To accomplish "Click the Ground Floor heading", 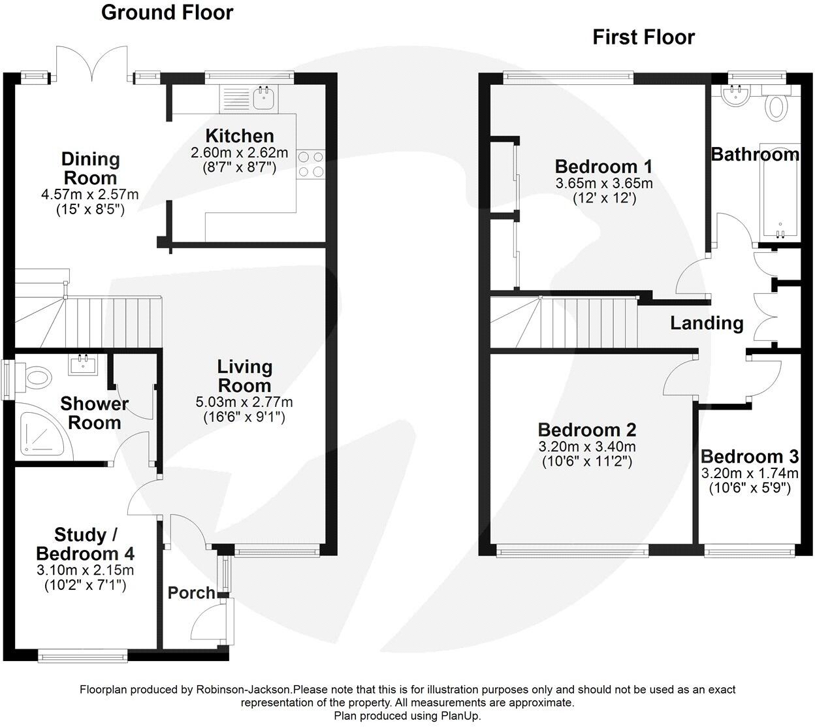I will [x=167, y=12].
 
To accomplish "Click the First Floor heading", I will [x=643, y=37].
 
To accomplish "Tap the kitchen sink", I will [x=264, y=99].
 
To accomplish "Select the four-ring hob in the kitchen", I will [x=311, y=163].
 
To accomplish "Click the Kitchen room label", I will [x=240, y=136].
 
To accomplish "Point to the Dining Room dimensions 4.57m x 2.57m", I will [x=90, y=195].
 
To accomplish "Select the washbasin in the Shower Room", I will [x=84, y=364].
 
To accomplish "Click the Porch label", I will [x=191, y=593].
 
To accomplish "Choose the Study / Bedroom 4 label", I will [x=86, y=545].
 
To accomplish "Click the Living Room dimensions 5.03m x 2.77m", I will [x=244, y=402].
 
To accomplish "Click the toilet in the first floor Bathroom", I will [x=776, y=105].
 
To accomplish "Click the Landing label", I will [x=707, y=323].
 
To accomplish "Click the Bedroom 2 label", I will [x=586, y=430].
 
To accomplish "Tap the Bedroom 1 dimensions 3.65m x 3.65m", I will [x=604, y=184].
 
